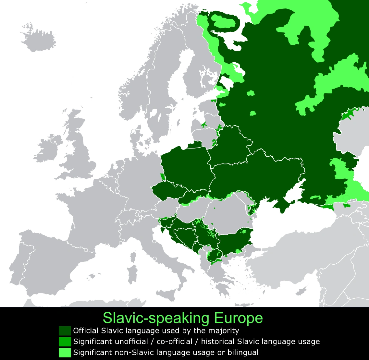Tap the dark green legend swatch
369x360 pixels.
click(x=65, y=331)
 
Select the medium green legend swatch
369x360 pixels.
click(x=65, y=342)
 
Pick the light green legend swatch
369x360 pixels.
click(x=65, y=352)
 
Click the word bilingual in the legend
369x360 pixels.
click(x=243, y=352)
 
